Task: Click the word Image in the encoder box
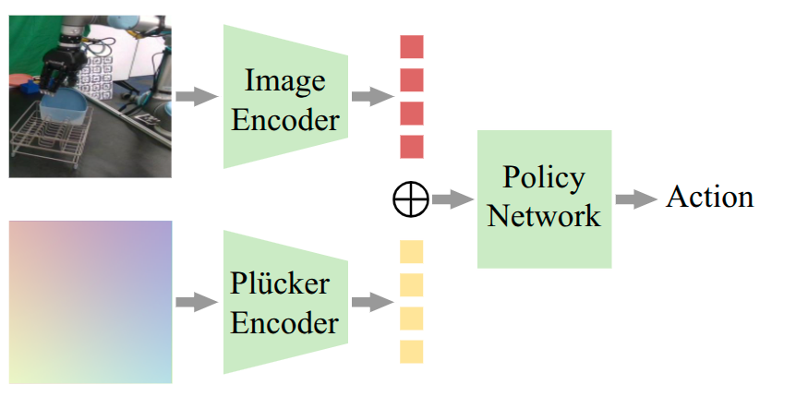[284, 81]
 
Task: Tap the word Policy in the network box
[544, 178]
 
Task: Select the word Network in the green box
[544, 216]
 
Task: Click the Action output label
[709, 198]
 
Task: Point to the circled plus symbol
[411, 199]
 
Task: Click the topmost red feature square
[411, 47]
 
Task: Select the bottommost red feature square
[411, 147]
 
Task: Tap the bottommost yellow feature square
[411, 352]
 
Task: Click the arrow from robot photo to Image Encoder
[195, 96]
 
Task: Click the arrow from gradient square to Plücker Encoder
[195, 302]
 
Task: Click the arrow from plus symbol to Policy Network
[452, 199]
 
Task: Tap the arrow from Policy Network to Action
[636, 199]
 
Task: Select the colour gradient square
[90, 302]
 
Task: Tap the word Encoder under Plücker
[284, 323]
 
